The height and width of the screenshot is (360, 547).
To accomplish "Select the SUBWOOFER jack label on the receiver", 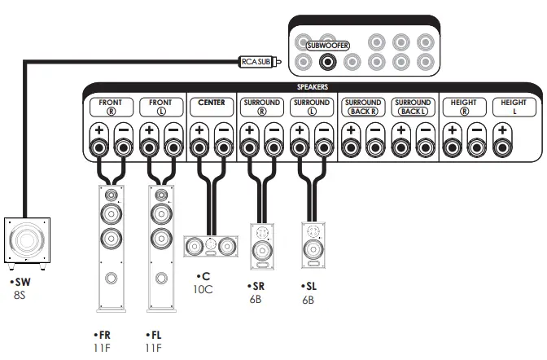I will (327, 46).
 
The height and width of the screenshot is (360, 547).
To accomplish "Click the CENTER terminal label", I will (211, 103).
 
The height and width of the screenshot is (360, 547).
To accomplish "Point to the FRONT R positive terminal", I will (98, 147).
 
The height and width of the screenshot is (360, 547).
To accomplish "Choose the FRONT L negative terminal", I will (172, 147).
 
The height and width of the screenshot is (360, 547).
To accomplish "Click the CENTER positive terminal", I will (199, 147).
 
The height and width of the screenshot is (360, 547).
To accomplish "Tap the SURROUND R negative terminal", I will (273, 147).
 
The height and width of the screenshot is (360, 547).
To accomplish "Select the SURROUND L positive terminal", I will (299, 147).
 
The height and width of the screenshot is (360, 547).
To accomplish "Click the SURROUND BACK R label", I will (363, 107).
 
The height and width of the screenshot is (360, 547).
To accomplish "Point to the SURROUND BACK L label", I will (412, 107).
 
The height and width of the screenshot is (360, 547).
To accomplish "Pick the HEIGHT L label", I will (514, 107).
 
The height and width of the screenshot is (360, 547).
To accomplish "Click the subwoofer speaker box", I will (26, 241).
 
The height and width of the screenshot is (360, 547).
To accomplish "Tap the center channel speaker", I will (211, 244).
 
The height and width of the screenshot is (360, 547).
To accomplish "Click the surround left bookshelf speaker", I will (312, 247).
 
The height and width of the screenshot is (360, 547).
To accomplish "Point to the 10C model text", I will (203, 289).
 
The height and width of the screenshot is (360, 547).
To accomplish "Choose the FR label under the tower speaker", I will (103, 335).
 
